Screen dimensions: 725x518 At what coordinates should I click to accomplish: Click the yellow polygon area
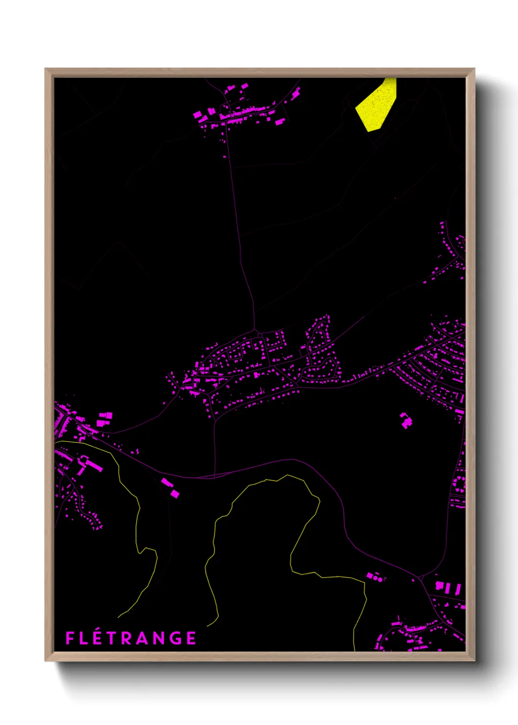tap(377, 105)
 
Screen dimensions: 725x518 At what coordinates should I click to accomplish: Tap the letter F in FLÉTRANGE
tap(70, 638)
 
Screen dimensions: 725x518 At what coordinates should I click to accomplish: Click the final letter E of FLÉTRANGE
tap(191, 638)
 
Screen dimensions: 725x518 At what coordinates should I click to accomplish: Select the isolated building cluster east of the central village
tap(406, 420)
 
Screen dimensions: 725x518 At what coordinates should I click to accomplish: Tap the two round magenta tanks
tap(377, 579)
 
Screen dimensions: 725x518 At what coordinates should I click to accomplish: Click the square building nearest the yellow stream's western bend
tap(174, 493)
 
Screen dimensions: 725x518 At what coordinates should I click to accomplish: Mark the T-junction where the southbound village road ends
tap(214, 476)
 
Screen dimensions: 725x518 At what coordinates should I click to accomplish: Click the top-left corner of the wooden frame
tap(46, 69)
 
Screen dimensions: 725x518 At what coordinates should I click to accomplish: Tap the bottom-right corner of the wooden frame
tap(474, 660)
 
